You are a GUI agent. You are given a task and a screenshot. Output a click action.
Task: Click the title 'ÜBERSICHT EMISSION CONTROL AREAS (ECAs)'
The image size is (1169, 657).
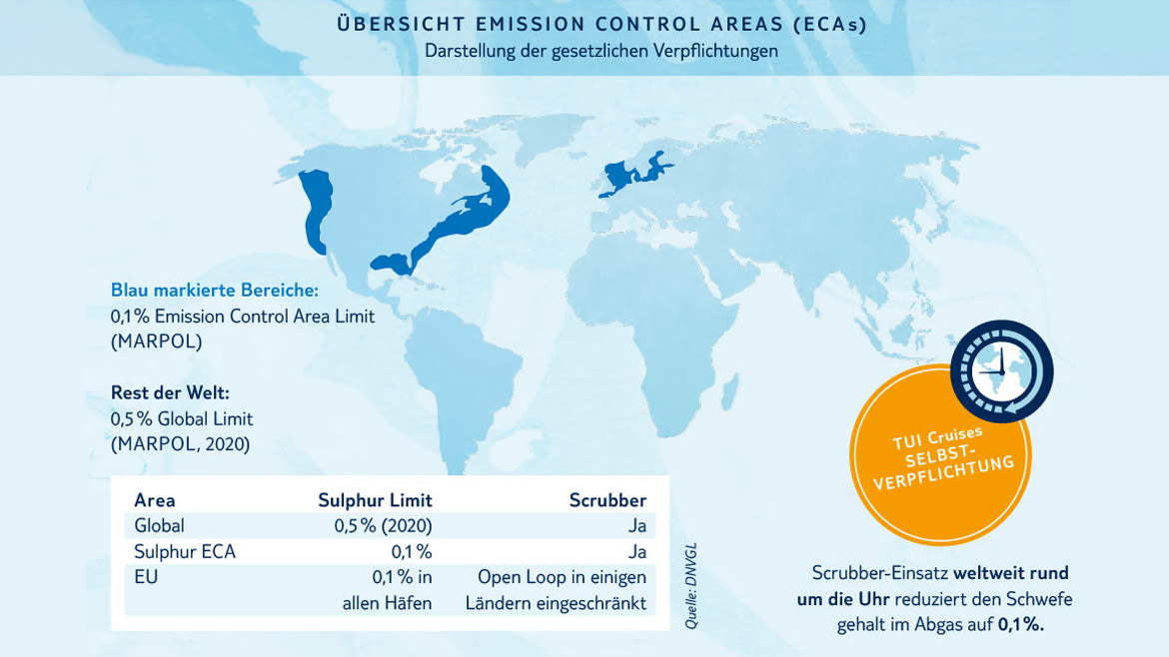pos(601,24)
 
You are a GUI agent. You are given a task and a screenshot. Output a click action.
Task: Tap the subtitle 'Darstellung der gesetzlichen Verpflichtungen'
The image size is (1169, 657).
pos(601,51)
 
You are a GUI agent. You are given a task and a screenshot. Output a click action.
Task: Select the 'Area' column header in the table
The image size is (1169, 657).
pos(154,500)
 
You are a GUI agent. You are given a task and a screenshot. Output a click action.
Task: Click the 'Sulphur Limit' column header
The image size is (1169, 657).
pos(375,500)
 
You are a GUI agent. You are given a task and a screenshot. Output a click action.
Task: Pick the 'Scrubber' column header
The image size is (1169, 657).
pos(607,500)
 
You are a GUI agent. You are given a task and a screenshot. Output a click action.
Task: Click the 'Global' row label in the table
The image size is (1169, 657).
pos(159,526)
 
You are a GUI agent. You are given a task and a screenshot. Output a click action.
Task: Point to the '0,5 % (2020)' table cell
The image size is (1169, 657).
pos(384,526)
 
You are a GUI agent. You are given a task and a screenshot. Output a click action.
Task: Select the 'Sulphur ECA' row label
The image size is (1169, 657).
pos(185,552)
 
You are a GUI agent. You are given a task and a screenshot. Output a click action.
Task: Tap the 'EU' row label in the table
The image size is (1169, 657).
pos(146,577)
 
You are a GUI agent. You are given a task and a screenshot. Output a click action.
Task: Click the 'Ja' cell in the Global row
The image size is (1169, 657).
pos(636,526)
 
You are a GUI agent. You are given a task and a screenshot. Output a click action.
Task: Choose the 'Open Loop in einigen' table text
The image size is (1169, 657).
pos(563,577)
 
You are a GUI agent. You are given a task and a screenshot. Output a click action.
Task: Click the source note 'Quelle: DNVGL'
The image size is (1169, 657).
pos(691,586)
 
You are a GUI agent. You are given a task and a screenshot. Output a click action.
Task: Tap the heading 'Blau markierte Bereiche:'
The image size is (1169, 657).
pos(215,290)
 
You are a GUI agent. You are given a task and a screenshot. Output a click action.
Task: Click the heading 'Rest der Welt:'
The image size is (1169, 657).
pos(170,392)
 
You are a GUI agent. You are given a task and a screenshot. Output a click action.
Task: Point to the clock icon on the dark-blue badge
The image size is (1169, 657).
pos(1001,371)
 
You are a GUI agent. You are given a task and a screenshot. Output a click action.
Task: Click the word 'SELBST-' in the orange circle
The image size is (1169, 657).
pos(940,455)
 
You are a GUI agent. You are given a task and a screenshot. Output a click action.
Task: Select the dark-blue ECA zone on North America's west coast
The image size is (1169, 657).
pos(317,211)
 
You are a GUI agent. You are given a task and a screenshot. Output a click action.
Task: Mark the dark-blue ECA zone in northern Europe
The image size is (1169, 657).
pos(634,175)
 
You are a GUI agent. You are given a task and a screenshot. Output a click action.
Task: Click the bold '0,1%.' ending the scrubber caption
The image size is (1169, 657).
pos(1021,624)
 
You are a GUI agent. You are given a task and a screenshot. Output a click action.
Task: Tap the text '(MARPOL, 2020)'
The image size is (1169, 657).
pos(181,444)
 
